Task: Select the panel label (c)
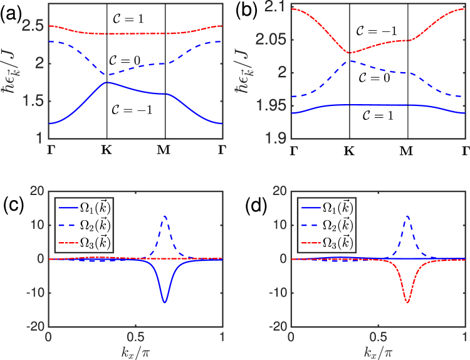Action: pyautogui.click(x=13, y=206)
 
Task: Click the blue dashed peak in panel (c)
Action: pyautogui.click(x=165, y=216)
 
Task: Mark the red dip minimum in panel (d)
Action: pyautogui.click(x=408, y=302)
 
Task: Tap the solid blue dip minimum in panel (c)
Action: pyautogui.click(x=165, y=302)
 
